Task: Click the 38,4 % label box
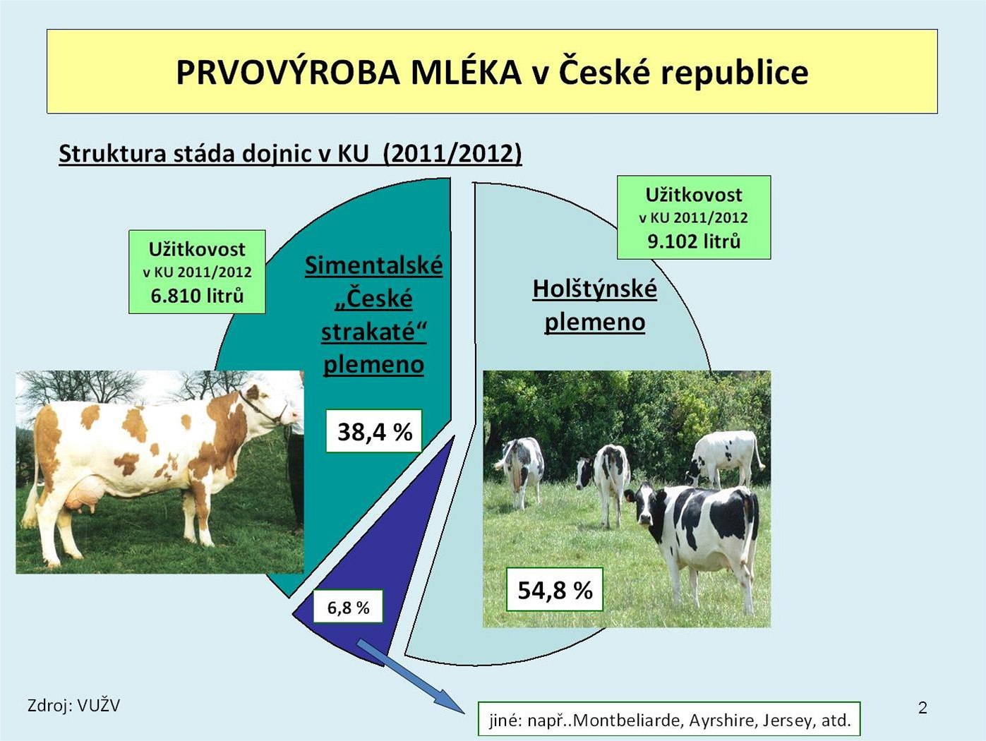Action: point(374,430)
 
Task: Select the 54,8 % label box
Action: point(554,589)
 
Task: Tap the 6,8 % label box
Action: point(348,607)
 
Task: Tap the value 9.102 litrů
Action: point(694,241)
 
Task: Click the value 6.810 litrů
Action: point(197,296)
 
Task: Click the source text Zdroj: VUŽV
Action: point(73,705)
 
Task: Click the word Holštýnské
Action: point(595,289)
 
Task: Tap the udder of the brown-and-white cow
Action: point(81,495)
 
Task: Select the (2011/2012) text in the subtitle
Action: point(452,154)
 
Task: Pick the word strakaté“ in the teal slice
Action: point(374,332)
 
